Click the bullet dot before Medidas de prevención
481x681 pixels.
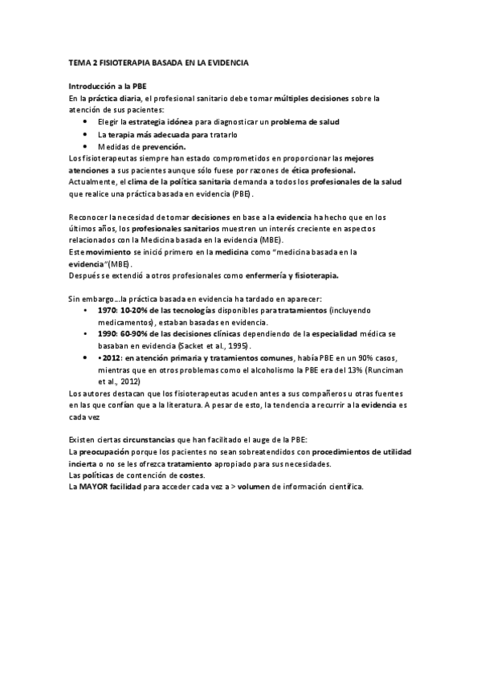[85, 146]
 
